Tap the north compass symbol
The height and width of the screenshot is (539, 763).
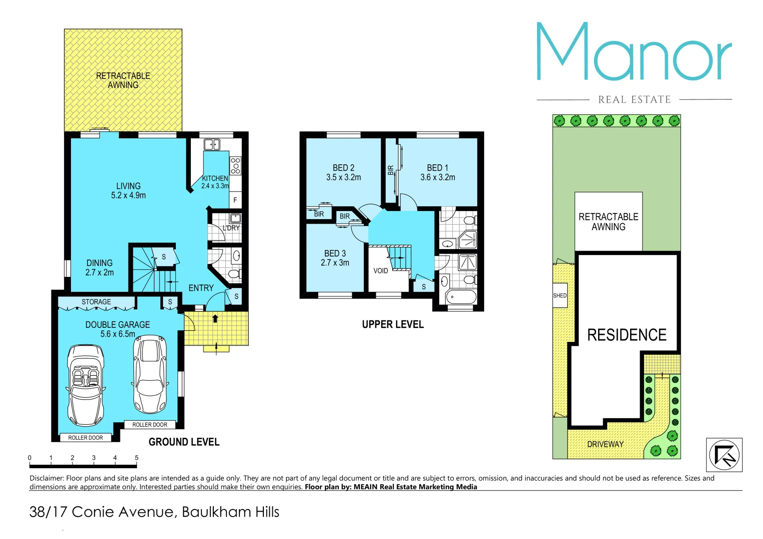(x=724, y=455)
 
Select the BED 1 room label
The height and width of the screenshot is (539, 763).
(x=437, y=168)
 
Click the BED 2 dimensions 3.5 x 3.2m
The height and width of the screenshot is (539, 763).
(x=343, y=178)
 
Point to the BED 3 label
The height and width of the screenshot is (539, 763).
(x=335, y=254)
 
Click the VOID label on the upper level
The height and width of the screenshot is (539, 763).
(x=381, y=271)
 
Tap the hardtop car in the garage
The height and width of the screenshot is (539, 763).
(x=150, y=374)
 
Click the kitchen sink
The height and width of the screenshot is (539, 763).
(x=212, y=145)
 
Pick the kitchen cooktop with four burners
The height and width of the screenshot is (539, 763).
(x=235, y=166)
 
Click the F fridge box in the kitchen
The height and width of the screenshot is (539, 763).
(x=235, y=200)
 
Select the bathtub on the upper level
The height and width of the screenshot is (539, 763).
(x=460, y=297)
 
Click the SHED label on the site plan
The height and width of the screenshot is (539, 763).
(x=560, y=295)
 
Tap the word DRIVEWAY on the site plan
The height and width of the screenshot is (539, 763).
(x=605, y=444)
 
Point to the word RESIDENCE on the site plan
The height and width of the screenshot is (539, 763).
(x=627, y=335)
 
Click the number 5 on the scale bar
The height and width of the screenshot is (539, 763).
(x=136, y=458)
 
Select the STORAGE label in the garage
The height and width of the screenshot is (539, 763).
(x=96, y=302)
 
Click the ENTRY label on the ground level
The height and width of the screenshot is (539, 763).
(x=201, y=288)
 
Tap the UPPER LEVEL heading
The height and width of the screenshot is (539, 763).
(x=393, y=324)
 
